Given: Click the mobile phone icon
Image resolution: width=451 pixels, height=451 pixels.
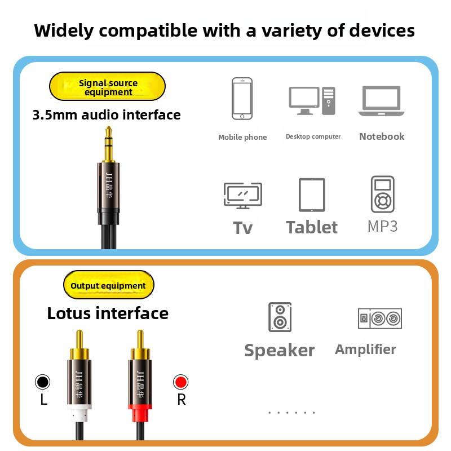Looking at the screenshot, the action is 242,99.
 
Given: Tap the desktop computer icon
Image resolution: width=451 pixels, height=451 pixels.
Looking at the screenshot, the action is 312,101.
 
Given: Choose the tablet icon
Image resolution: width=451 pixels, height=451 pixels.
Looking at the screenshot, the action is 312,195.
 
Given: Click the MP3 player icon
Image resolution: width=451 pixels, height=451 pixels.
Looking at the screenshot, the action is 383,194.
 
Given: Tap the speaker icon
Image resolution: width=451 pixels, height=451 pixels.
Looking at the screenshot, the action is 280,317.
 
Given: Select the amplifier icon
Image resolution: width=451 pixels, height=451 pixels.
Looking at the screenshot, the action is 380,319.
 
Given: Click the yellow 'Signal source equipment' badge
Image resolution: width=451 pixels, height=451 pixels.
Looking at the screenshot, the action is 108,87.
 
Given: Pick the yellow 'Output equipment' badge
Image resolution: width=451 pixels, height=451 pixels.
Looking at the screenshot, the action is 108,285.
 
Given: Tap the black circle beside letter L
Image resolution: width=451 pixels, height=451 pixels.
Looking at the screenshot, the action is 43,382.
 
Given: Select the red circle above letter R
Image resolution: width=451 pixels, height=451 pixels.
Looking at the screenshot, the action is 180,382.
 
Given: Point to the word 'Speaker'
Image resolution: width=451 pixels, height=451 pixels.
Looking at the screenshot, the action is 280,350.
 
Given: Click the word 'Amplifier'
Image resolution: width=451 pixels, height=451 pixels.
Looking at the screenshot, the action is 365,350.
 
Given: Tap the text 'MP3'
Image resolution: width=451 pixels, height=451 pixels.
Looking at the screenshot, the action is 382,227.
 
